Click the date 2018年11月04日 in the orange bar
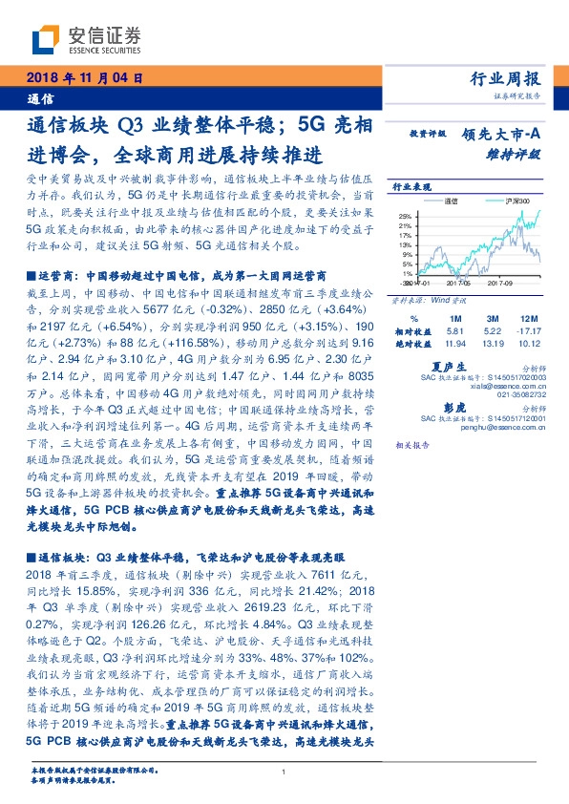(x=85, y=79)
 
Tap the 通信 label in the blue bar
(x=41, y=97)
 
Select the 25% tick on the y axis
(x=405, y=216)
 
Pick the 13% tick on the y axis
(x=405, y=244)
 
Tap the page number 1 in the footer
(x=284, y=772)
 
